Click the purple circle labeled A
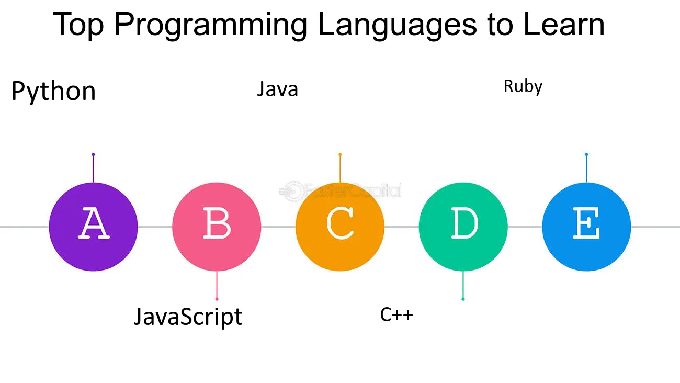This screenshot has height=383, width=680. point(94,227)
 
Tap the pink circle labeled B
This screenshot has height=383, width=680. point(217,227)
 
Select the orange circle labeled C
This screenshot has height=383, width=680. point(340,227)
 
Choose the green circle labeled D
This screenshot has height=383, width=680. point(463,227)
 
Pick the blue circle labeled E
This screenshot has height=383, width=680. point(586,227)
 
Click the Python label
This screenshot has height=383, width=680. point(54,91)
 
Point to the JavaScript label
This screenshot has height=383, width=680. point(188,317)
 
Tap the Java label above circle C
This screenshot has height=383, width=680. point(277,89)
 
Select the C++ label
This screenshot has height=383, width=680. point(396,314)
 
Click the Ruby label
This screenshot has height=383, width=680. point(523,87)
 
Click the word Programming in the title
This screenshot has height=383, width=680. point(211,26)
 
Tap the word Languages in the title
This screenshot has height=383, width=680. point(398,26)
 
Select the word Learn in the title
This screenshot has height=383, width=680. point(564,24)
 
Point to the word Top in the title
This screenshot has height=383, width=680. point(78,26)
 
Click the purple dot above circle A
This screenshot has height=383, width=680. point(93,154)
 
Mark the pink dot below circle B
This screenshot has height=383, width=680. point(217,299)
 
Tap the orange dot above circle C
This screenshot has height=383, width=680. point(340,154)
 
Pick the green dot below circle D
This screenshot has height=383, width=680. point(463,299)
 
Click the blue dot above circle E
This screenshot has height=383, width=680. point(586,154)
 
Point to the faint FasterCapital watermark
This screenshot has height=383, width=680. point(340,191)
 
